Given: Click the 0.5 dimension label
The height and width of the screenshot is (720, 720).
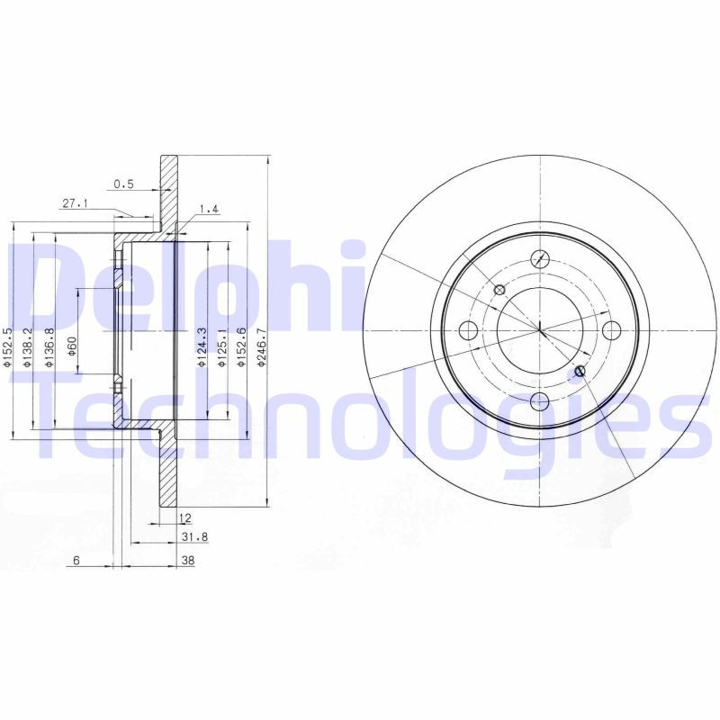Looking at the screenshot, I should click(x=123, y=184).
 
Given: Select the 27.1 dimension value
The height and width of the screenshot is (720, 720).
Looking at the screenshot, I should click(x=75, y=204).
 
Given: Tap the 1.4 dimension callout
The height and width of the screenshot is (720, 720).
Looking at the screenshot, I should click(x=209, y=209).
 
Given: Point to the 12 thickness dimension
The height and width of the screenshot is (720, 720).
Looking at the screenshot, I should click(x=184, y=517).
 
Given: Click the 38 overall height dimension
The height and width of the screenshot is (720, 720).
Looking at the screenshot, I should click(x=188, y=560).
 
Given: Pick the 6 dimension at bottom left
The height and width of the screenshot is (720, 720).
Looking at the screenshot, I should click(x=76, y=560).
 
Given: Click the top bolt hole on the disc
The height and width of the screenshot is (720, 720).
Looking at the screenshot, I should click(x=539, y=257).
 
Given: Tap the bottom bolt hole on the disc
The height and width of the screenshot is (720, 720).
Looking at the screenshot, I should click(x=539, y=400).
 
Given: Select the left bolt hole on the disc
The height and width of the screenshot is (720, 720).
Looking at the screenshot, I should click(x=467, y=329).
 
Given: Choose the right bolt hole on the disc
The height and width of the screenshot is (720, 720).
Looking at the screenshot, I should click(x=611, y=329).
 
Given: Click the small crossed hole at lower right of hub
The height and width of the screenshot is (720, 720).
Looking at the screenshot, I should click(x=580, y=371).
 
